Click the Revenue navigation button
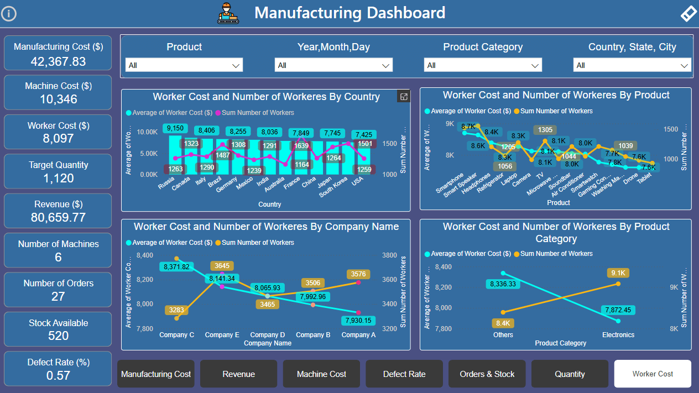pos(238,374)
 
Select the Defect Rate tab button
pos(404,374)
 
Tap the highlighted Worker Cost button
pos(653,374)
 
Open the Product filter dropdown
pos(184,65)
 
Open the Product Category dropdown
pos(482,65)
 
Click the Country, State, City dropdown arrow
pos(684,66)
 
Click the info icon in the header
pos(9,13)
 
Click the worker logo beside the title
pos(228,13)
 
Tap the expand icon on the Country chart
pos(404,97)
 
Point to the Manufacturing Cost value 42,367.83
pos(58,61)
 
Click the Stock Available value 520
pos(58,336)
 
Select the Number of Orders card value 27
pos(58,296)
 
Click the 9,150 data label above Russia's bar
pos(175,128)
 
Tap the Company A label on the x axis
pos(358,335)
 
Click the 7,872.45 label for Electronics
pos(618,310)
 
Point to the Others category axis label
pos(503,335)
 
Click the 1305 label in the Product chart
pos(545,130)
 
